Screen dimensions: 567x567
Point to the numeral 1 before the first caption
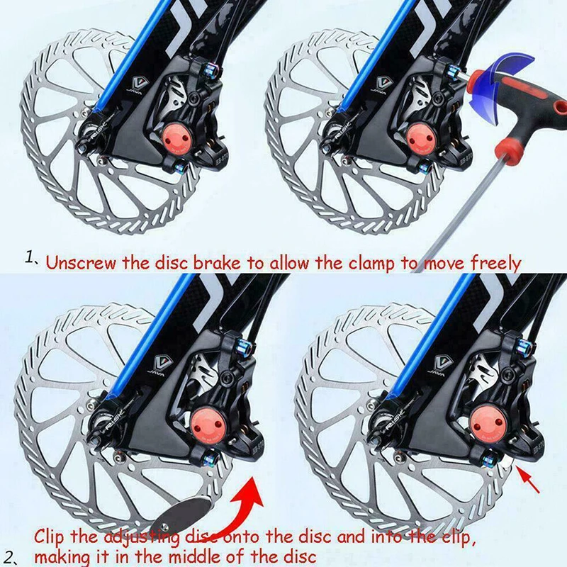coord(30,258)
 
